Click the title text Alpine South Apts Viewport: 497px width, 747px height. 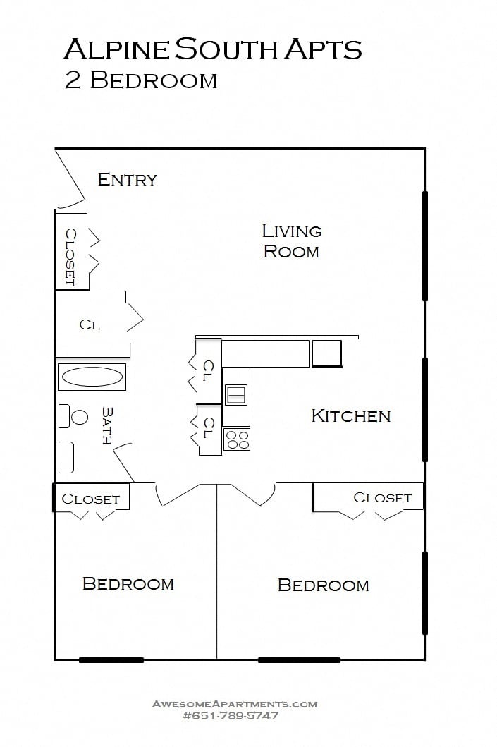212,49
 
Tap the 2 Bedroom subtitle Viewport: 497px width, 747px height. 140,80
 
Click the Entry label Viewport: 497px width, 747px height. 127,179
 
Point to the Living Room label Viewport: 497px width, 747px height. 291,241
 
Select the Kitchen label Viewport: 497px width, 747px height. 350,415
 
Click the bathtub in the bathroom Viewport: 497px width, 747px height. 93,376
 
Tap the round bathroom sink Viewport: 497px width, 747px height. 80,417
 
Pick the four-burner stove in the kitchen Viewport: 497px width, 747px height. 237,439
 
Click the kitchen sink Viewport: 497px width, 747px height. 236,395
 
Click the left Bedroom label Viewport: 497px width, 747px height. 128,583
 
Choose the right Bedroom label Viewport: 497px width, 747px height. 323,585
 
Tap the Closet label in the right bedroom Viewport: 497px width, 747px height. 382,497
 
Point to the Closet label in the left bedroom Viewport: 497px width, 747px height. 90,499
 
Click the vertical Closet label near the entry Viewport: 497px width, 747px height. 70,257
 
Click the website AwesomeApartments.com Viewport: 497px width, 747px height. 235,703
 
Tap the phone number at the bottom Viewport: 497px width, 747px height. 231,715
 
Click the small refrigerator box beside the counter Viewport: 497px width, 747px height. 326,353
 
